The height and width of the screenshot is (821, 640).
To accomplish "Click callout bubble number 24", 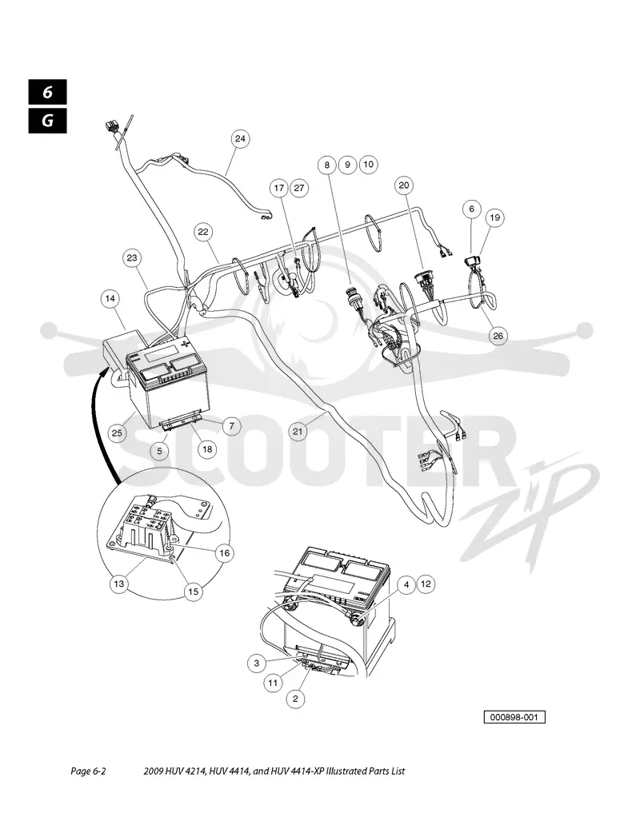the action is click(239, 139).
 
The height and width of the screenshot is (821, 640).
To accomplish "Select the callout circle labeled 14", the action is click(110, 299).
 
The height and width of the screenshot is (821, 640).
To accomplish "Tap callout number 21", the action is click(298, 432).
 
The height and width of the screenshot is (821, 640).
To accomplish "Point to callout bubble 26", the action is click(498, 335).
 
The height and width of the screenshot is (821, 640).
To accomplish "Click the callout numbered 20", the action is click(404, 185).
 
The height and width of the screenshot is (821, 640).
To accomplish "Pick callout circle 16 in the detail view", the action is click(224, 553).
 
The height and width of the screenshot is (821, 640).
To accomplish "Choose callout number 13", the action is click(119, 584).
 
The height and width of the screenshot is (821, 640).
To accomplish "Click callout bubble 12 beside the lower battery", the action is click(426, 584).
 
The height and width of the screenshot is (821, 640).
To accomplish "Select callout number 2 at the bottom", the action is click(296, 699).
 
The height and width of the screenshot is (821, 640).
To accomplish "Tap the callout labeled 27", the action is click(298, 189).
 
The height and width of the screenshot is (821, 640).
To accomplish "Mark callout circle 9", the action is click(347, 165).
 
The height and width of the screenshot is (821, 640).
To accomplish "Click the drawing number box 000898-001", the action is click(514, 717).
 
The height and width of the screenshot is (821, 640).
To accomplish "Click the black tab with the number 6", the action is click(48, 93).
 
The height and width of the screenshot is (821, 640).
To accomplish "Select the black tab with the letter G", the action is click(48, 121).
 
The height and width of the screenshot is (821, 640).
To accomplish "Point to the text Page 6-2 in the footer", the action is click(88, 771).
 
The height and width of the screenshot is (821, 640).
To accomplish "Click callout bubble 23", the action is click(132, 258).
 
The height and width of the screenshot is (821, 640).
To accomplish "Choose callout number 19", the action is click(495, 217).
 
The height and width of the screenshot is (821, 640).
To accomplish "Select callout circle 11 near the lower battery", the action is click(273, 683).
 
